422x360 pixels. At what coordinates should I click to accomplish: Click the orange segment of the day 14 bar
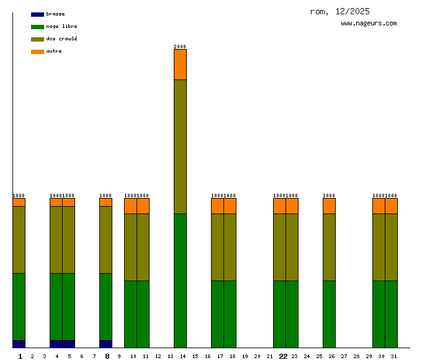(180, 65)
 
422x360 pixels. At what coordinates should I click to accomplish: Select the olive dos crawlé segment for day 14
(180, 146)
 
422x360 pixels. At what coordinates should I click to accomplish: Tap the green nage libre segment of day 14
(180, 281)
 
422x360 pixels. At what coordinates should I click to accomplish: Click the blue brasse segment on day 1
(19, 344)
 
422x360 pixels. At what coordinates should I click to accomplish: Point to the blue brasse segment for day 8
(105, 344)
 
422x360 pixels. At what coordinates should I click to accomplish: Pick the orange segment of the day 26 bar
(329, 206)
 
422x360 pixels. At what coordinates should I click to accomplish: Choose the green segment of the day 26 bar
(329, 314)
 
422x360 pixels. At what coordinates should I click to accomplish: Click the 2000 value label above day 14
(180, 47)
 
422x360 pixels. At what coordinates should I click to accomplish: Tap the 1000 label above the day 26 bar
(329, 196)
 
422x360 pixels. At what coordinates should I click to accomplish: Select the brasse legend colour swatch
(37, 14)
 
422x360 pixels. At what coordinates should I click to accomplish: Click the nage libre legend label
(61, 27)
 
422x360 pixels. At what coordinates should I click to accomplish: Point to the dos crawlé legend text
(61, 39)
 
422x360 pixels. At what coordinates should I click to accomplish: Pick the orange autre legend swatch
(37, 52)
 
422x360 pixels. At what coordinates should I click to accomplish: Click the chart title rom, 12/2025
(339, 11)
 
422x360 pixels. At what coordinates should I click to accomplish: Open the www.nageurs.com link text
(369, 24)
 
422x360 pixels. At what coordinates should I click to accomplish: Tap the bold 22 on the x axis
(283, 356)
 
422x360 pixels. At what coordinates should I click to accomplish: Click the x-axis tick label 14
(182, 356)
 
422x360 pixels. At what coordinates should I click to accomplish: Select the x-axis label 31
(393, 356)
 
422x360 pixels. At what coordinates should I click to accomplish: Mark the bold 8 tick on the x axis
(107, 356)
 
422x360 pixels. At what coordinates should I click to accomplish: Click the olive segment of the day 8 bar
(105, 240)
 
